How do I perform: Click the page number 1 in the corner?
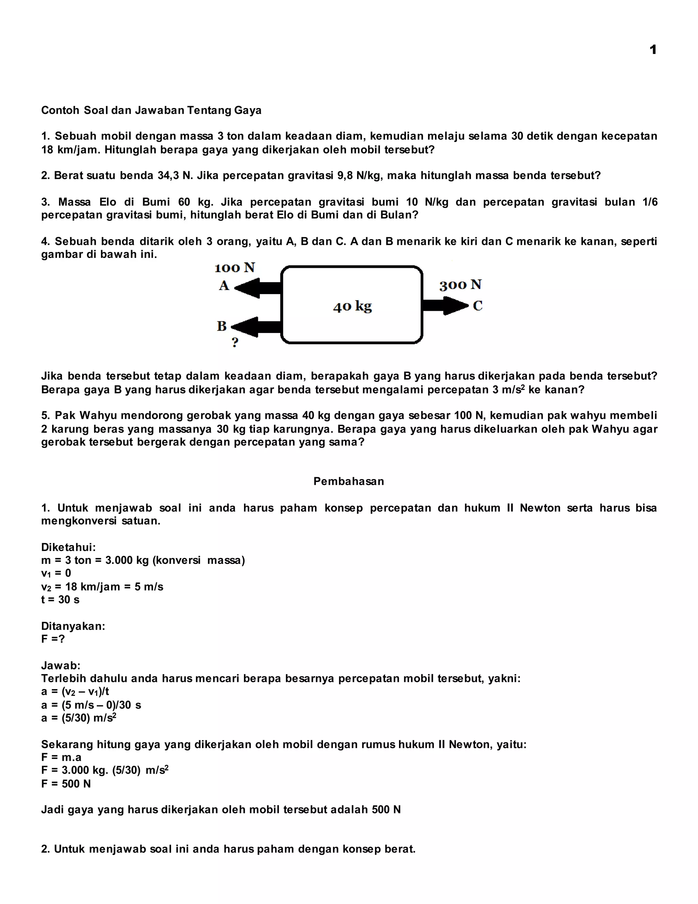click(653, 50)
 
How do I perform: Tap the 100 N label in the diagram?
click(235, 268)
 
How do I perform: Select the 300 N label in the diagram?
click(460, 285)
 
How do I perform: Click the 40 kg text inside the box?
click(352, 306)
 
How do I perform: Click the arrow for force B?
click(257, 327)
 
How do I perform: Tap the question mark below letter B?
click(235, 342)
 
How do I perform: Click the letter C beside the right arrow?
click(477, 306)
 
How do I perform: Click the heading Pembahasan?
click(349, 481)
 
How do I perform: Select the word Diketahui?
click(68, 547)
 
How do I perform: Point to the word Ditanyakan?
click(73, 626)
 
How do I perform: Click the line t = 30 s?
click(60, 599)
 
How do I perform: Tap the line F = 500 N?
click(66, 784)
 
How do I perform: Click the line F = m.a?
click(61, 757)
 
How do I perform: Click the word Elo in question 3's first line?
click(108, 202)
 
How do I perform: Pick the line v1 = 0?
click(56, 573)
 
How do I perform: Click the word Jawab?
click(60, 666)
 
